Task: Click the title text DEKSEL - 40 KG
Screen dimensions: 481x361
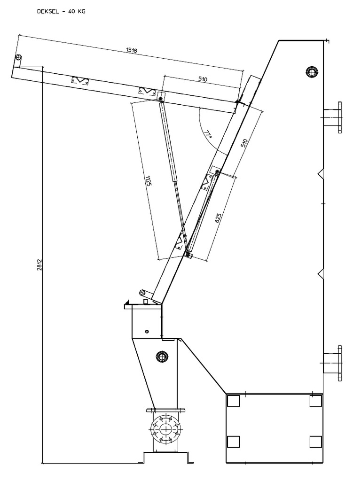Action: (61, 12)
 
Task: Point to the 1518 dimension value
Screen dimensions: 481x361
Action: (132, 50)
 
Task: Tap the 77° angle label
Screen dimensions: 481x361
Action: (208, 135)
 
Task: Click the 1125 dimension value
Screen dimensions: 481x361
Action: (149, 180)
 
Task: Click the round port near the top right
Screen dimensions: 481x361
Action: (311, 72)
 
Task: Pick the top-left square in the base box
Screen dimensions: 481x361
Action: (233, 401)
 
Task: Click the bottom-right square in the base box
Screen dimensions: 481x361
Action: (316, 442)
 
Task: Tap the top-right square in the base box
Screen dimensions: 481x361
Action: (316, 401)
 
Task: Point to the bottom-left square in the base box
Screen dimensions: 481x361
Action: (233, 442)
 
